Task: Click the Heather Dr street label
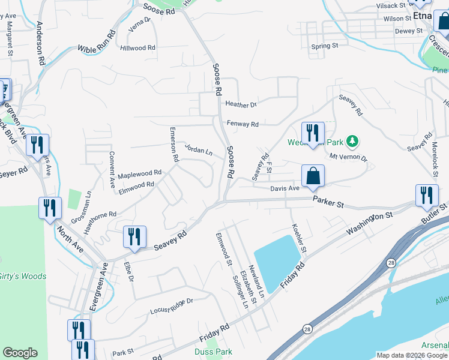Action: [x=241, y=104]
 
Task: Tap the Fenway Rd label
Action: [x=243, y=124]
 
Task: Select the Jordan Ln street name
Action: [x=198, y=149]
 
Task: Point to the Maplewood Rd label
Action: [x=140, y=173]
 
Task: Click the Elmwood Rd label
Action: [x=137, y=186]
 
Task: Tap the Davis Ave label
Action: [x=285, y=188]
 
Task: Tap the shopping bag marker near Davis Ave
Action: [x=313, y=176]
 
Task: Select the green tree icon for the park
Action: [x=354, y=142]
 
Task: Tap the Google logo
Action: [x=20, y=353]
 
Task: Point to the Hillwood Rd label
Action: [x=137, y=47]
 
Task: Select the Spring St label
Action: [x=325, y=46]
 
